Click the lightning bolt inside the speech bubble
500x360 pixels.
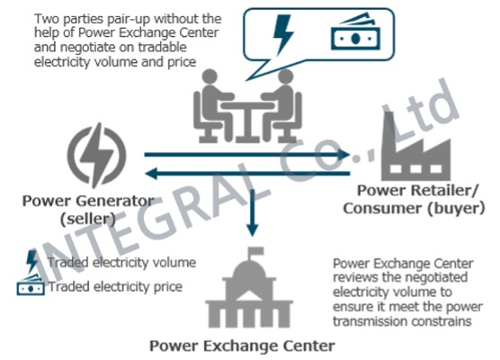pyautogui.click(x=283, y=34)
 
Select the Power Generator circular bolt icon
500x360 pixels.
pyautogui.click(x=96, y=156)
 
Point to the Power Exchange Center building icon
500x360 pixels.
pyautogui.click(x=249, y=288)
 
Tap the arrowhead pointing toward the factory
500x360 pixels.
pyautogui.click(x=344, y=155)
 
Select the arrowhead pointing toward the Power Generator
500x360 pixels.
pyautogui.click(x=151, y=174)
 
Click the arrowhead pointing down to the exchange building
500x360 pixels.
pyautogui.click(x=252, y=229)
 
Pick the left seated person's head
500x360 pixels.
pyautogui.click(x=210, y=76)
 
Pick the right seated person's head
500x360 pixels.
pyautogui.click(x=285, y=76)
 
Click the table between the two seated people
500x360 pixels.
pyautogui.click(x=247, y=121)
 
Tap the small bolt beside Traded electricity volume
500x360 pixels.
pyautogui.click(x=31, y=262)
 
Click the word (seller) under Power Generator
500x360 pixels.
pyautogui.click(x=88, y=220)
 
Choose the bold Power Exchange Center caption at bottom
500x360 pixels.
pyautogui.click(x=242, y=346)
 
